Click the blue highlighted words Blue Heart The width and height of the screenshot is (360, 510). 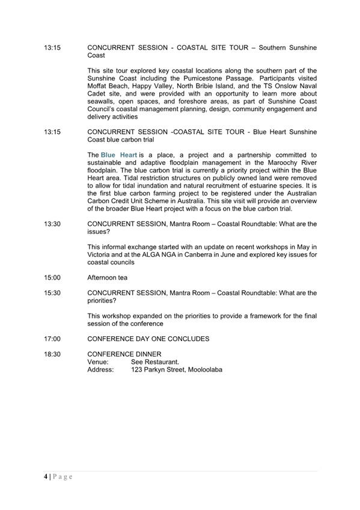119,155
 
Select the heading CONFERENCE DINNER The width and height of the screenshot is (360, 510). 124,354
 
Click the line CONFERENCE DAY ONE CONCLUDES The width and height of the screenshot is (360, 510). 148,339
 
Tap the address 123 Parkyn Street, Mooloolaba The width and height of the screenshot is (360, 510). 176,370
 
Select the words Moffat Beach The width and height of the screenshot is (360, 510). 108,86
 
